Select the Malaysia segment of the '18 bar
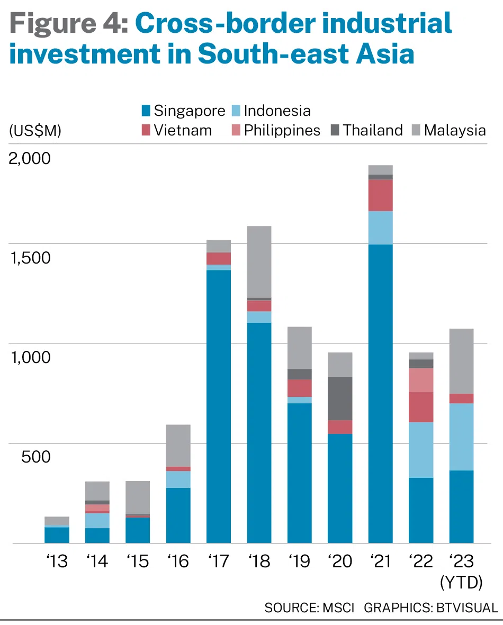tap(259, 262)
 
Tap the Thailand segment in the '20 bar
tap(340, 398)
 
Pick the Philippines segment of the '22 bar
tap(421, 379)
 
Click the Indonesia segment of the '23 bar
tap(461, 437)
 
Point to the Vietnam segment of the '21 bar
tap(380, 195)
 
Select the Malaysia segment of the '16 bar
tap(178, 445)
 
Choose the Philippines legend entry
tap(282, 130)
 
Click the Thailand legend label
tap(373, 130)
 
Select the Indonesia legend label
tap(277, 111)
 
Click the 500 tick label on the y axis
tap(36, 456)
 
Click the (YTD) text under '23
tap(461, 582)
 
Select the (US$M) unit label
tap(35, 131)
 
